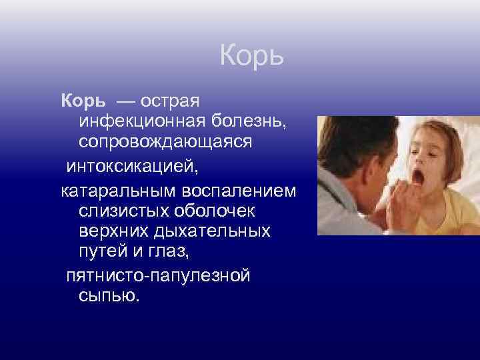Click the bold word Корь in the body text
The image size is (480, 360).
click(83, 101)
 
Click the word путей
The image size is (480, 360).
click(105, 253)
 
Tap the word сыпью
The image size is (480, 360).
click(109, 296)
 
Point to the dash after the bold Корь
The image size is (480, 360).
click(125, 101)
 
